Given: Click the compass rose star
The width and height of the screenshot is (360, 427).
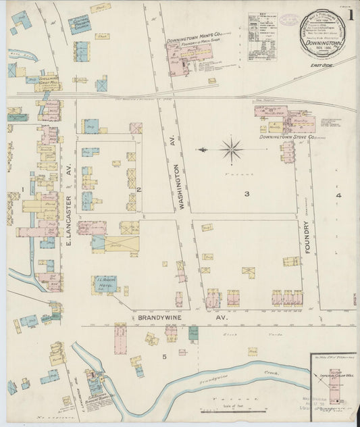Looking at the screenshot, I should (x=232, y=149).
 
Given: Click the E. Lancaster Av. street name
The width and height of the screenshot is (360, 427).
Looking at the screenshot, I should (x=69, y=218).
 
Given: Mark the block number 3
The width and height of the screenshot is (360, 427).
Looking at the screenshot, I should (x=247, y=195).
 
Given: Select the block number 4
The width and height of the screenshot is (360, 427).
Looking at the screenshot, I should (x=338, y=196).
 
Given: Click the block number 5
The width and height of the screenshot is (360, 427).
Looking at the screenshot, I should (x=163, y=356).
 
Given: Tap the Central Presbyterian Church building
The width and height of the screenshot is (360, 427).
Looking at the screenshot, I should (x=80, y=25).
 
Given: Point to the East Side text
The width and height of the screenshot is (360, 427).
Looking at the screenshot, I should (x=321, y=66).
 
